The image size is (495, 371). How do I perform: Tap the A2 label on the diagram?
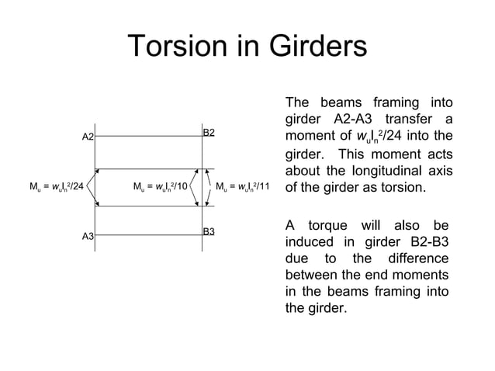(88, 137)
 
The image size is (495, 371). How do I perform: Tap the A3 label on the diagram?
(88, 236)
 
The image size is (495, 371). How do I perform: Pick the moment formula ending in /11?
(241, 187)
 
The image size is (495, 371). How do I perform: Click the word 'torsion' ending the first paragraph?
(401, 189)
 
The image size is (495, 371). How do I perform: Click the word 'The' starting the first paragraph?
(298, 103)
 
